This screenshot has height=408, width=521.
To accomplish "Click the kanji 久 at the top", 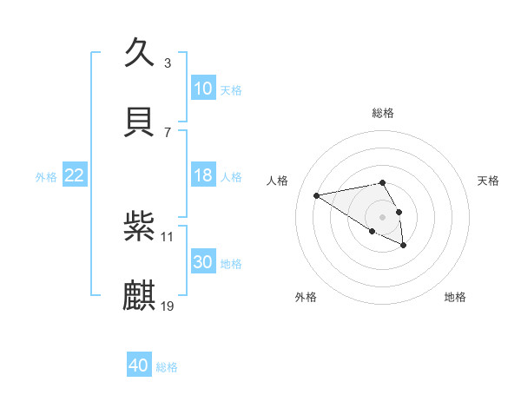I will pos(140,51).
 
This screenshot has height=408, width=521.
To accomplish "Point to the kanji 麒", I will pos(140,295).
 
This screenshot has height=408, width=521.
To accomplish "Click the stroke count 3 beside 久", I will pos(168,63).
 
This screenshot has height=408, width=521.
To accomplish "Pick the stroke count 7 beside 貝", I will pos(168,132).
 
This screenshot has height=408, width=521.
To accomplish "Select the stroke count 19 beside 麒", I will pos(168,306).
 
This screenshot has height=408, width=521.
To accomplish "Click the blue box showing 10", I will pos(203,89).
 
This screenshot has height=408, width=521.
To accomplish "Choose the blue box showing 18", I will pos(203,175).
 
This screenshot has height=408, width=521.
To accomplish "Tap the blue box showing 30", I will pos(203,262).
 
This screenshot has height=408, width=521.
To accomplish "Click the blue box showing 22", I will pos(75,175).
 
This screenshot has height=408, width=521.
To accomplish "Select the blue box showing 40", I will pos(139,365).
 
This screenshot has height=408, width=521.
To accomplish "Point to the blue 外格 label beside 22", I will pos(46,176).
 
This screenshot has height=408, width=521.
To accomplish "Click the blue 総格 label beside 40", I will pos(167,367).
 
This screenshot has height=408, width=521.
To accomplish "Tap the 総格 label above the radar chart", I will pos(383,113).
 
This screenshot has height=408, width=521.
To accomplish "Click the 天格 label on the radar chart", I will pos(489,181).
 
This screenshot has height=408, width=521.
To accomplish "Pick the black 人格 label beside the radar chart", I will pos(277,181).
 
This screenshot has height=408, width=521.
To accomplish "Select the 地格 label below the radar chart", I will pos(455,297).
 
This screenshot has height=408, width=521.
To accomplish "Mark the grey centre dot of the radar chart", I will pos(383,216).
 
